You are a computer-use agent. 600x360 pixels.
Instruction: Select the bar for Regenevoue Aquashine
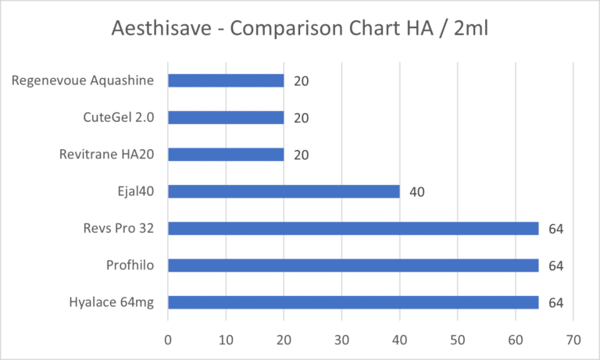(x=226, y=80)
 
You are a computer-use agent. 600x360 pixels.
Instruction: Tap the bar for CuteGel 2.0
(x=226, y=118)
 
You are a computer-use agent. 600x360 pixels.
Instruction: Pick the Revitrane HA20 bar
(x=226, y=155)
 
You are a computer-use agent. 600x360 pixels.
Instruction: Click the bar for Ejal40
(x=284, y=191)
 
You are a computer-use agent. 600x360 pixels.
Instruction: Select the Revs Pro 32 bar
(x=353, y=228)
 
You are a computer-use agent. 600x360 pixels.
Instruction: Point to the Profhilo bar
(x=353, y=266)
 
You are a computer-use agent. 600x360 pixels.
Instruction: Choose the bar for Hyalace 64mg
(x=353, y=302)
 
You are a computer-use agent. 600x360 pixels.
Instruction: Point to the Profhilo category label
(x=130, y=266)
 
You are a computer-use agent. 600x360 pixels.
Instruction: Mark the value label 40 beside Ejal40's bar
(x=416, y=191)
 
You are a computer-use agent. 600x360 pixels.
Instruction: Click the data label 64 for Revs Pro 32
(x=555, y=229)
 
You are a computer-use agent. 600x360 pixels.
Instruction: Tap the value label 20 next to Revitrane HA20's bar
(x=301, y=155)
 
